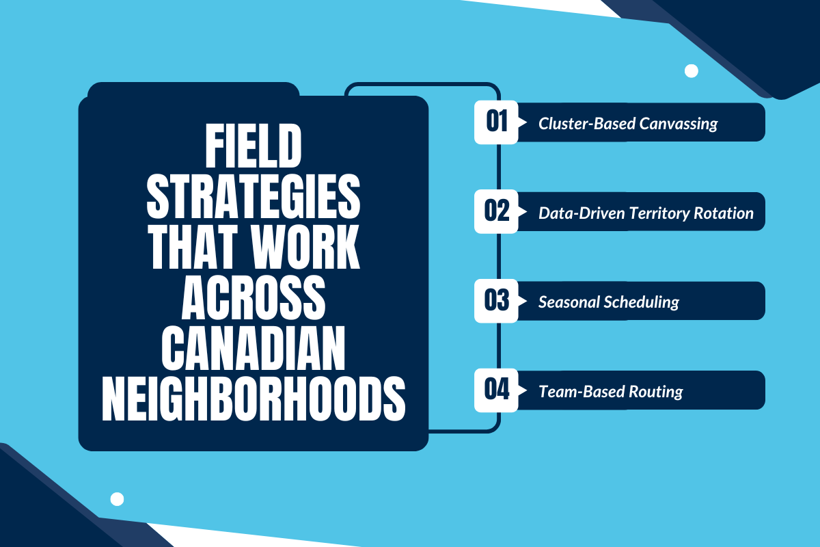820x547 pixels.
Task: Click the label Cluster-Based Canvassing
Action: coord(628,124)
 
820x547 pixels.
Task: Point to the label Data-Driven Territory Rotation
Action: coord(646,213)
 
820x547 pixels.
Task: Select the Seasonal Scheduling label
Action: coord(608,302)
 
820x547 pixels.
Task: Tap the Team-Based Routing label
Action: coord(610,392)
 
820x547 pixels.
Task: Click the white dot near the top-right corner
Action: coord(691,70)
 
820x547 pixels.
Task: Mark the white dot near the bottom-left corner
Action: coord(117,499)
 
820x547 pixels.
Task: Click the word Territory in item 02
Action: coord(658,213)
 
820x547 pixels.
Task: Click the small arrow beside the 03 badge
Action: coord(523,301)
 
